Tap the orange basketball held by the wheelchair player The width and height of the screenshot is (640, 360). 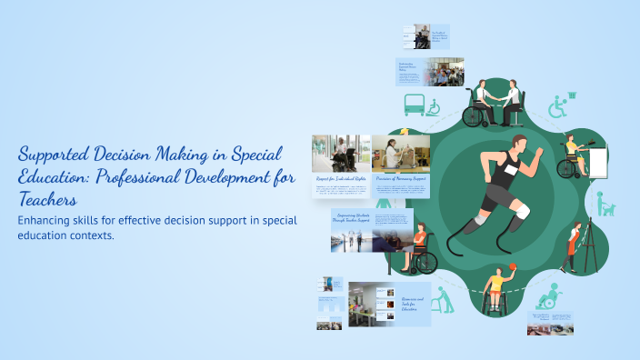[x=512, y=266]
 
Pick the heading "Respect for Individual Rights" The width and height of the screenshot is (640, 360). [x=341, y=178]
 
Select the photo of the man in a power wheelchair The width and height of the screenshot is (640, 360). [x=341, y=153]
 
